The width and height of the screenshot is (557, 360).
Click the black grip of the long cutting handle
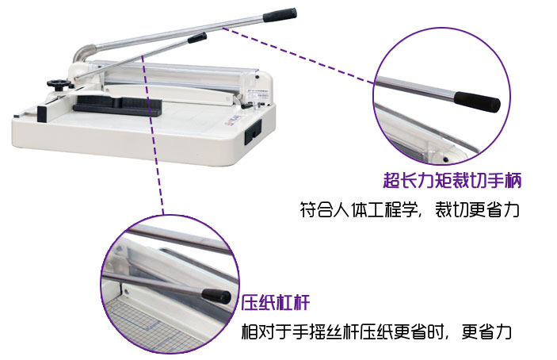point(280,14)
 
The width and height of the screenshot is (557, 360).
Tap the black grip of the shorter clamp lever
point(197,38)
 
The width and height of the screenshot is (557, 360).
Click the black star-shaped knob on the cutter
point(59,84)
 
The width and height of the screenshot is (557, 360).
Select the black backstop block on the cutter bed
point(117,105)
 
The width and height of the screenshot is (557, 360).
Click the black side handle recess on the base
point(253,131)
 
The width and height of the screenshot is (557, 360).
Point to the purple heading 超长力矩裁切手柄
point(452,180)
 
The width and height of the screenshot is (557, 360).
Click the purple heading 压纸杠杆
point(276,302)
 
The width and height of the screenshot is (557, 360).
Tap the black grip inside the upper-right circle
point(477,102)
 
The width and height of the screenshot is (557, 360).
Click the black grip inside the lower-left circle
point(216,296)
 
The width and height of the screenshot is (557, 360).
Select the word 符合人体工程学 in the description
point(358,209)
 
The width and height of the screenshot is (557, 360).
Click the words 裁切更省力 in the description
point(477,209)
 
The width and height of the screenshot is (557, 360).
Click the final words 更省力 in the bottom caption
point(486,331)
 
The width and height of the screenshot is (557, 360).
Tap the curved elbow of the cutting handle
point(82,53)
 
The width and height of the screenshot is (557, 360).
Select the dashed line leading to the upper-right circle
point(299,55)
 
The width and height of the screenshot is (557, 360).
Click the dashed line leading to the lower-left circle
point(152,135)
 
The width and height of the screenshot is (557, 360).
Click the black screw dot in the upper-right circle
point(445,159)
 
